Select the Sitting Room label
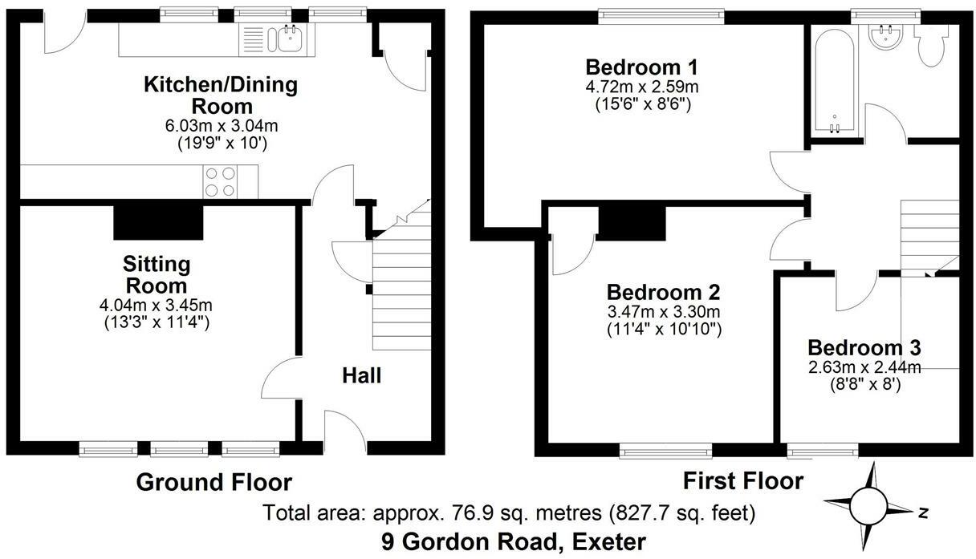pyautogui.click(x=156, y=274)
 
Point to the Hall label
pyautogui.click(x=361, y=375)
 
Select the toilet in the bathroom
pyautogui.click(x=934, y=47)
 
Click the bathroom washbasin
pyautogui.click(x=888, y=35)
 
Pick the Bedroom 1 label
pyautogui.click(x=641, y=67)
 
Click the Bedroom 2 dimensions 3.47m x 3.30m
pyautogui.click(x=663, y=312)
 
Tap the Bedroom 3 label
pyautogui.click(x=864, y=348)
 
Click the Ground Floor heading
pyautogui.click(x=213, y=482)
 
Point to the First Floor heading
pyautogui.click(x=742, y=480)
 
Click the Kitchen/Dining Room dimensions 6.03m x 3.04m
pyautogui.click(x=209, y=126)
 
